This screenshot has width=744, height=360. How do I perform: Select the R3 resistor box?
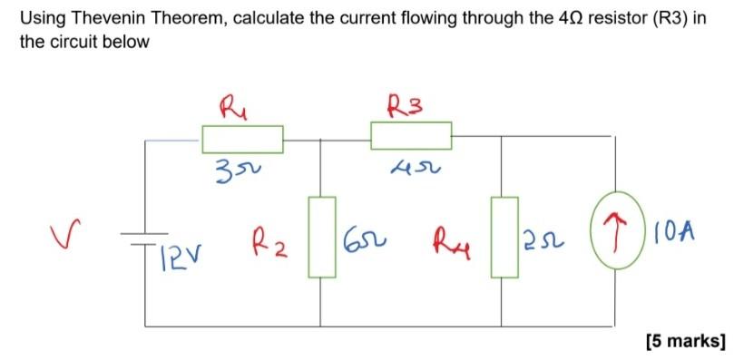(411, 136)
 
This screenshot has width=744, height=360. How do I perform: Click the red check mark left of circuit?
(60, 238)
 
